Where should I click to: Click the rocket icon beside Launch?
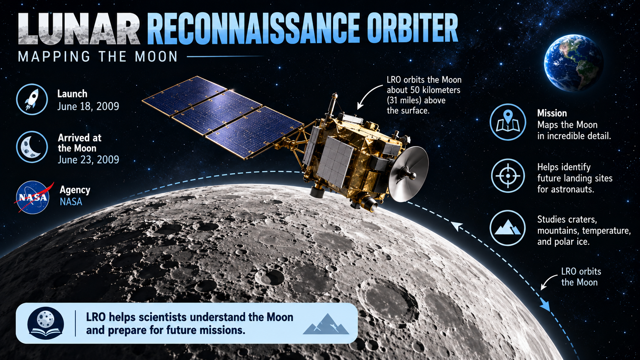(x=32, y=99)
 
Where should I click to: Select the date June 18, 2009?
(x=88, y=106)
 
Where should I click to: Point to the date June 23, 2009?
(x=88, y=160)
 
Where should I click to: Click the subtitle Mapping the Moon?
(x=98, y=57)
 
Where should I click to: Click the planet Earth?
(x=574, y=63)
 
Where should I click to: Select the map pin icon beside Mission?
(x=508, y=122)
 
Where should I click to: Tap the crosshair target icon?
(x=508, y=176)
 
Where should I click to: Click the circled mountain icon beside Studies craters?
(x=508, y=228)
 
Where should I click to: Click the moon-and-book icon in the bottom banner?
(x=46, y=323)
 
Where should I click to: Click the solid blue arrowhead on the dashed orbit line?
(x=545, y=306)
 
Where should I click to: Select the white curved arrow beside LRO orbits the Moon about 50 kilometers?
(x=369, y=96)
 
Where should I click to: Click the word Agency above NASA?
(x=75, y=190)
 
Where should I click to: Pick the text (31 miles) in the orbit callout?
(x=405, y=100)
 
